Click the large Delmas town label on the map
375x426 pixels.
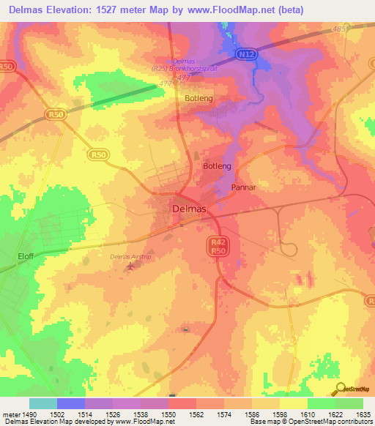[x=189, y=209]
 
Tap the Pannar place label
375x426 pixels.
[x=242, y=187]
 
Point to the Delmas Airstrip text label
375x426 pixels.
[x=128, y=256]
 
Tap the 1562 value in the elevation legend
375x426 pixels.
[x=196, y=414]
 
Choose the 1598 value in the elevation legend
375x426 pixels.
[x=279, y=414]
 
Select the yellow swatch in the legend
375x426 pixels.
[x=293, y=403]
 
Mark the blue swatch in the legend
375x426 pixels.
[x=70, y=403]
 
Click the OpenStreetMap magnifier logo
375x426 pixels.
[x=340, y=389]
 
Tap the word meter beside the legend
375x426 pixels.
[x=10, y=414]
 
